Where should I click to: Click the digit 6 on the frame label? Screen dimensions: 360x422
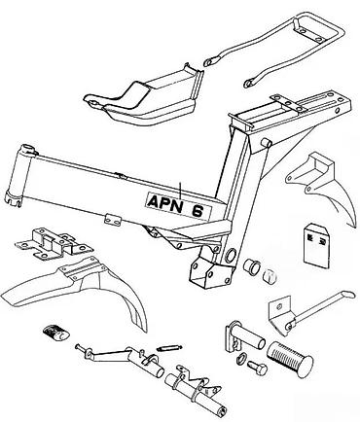click(198, 211)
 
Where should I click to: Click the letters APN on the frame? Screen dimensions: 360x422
click(164, 203)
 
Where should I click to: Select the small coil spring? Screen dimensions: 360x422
click(168, 348)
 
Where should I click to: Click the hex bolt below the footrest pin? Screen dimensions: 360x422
click(257, 368)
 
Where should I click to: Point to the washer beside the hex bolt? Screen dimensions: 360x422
click(241, 357)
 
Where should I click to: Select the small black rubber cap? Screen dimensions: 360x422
click(55, 334)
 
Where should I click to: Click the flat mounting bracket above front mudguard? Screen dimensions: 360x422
click(54, 244)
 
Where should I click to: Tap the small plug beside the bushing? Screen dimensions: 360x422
click(270, 275)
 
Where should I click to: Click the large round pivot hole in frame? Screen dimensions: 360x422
click(232, 255)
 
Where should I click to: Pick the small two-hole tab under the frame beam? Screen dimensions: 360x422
click(113, 220)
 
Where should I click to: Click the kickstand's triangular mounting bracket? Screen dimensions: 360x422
click(281, 316)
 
